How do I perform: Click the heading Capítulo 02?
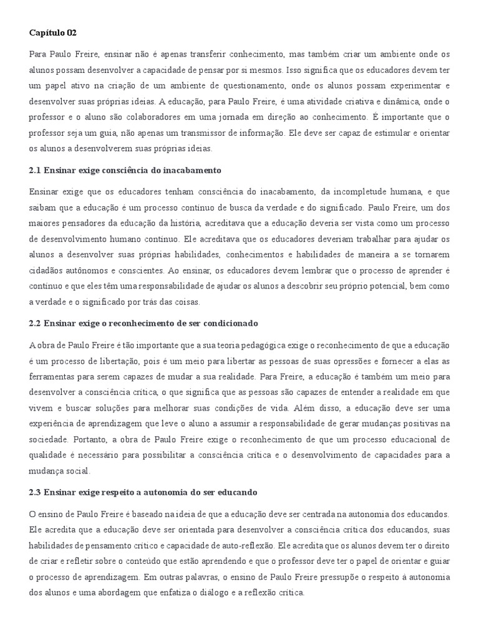coord(52,32)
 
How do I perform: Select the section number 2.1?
coord(34,170)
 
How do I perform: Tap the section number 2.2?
coord(34,324)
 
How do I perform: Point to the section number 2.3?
coord(34,493)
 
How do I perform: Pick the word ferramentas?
coord(52,377)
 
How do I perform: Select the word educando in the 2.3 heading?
coord(235,493)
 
